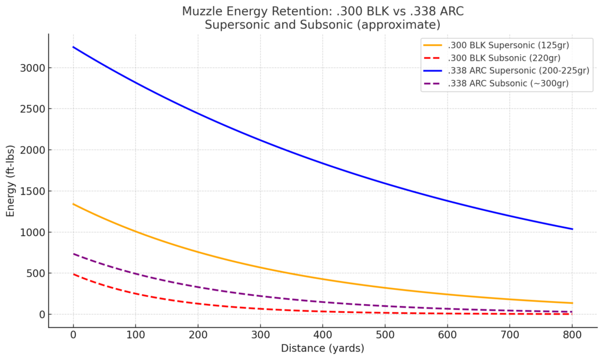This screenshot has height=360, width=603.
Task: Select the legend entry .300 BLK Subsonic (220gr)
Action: [503, 58]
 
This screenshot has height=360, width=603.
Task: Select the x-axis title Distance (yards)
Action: [322, 348]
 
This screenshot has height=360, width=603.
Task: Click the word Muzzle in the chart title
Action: [201, 12]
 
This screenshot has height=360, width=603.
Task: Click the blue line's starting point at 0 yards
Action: [73, 47]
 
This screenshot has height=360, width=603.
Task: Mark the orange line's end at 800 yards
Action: [572, 303]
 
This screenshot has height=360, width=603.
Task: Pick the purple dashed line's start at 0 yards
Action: [73, 254]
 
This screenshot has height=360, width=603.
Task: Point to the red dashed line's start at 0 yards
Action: [73, 274]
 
